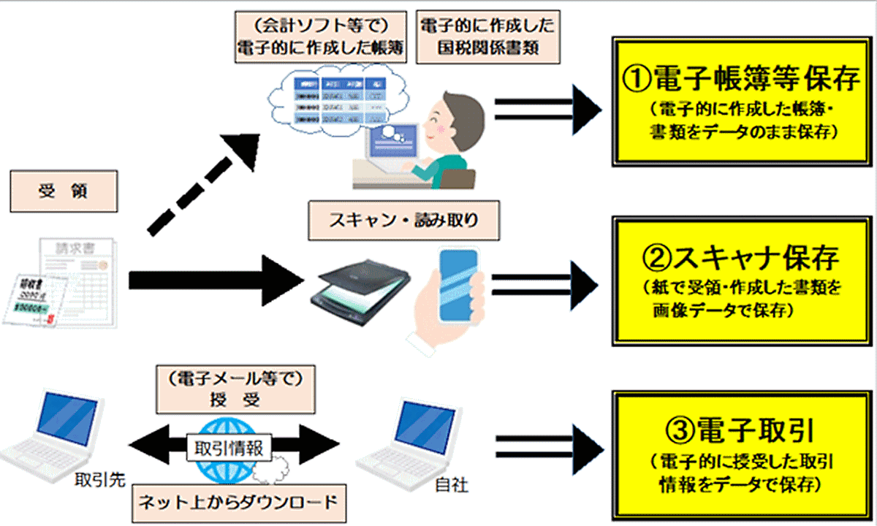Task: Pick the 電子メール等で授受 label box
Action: tap(230, 389)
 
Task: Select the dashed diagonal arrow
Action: tap(205, 186)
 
